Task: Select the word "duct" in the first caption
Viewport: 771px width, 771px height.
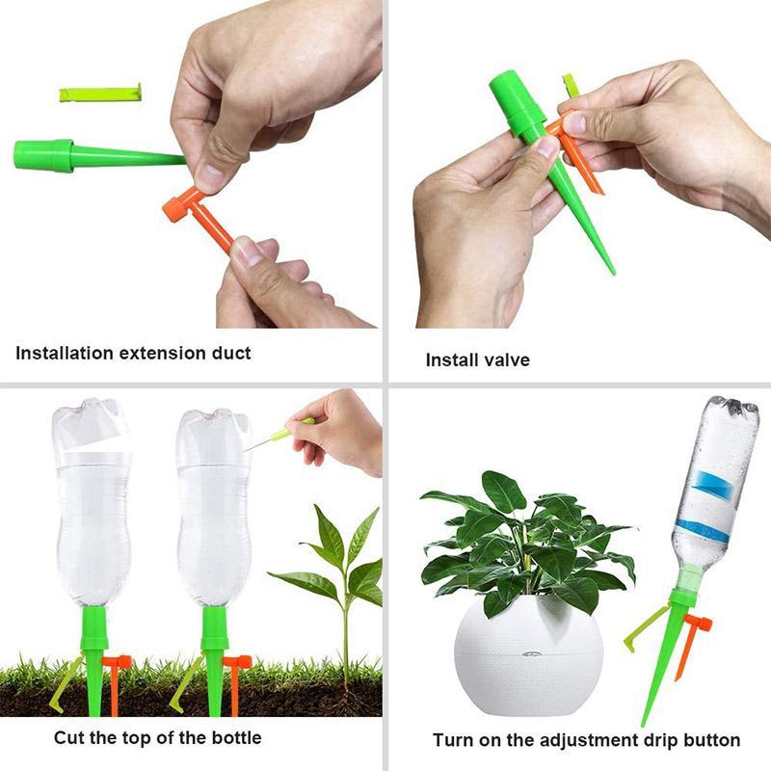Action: click(x=229, y=353)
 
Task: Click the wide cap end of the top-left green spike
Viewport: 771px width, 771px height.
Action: click(x=43, y=154)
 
